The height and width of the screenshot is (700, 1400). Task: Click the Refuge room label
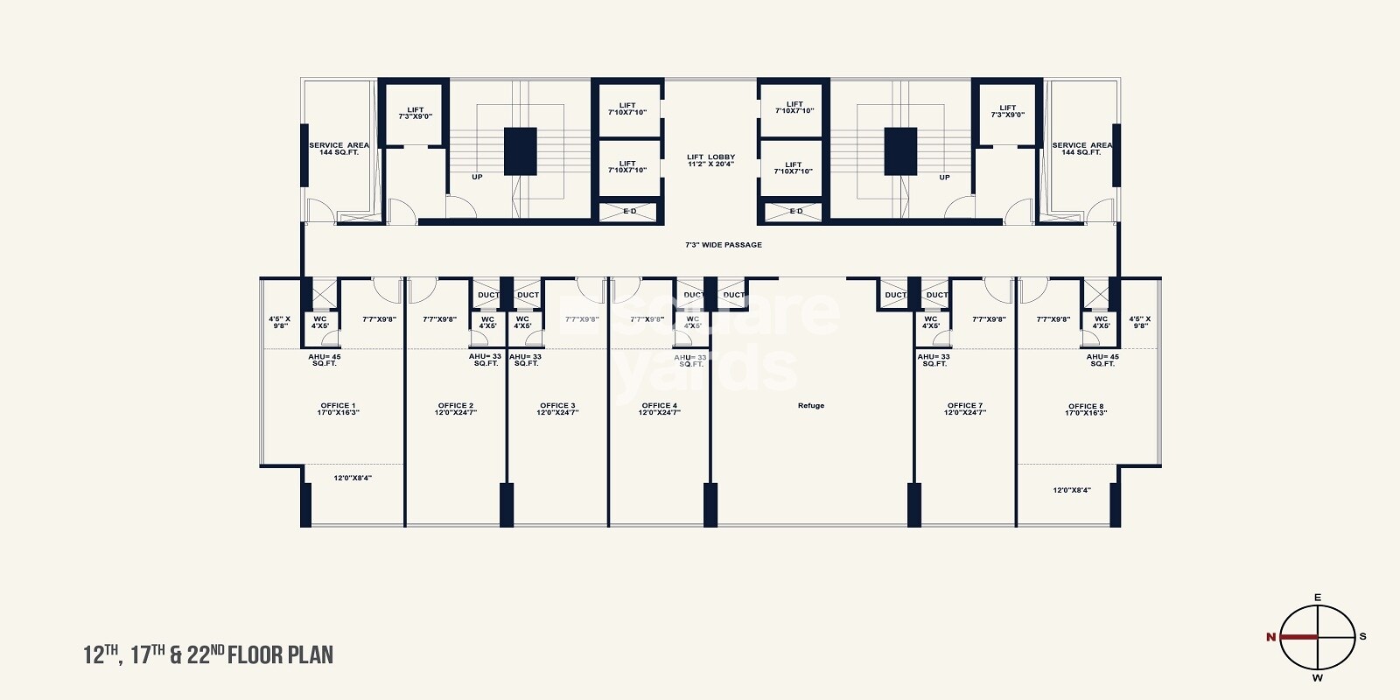tap(811, 406)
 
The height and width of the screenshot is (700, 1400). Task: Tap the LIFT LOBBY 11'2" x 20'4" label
tap(710, 160)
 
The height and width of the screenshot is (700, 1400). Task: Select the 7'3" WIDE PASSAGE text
tap(723, 245)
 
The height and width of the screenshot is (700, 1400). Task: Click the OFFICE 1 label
tap(338, 409)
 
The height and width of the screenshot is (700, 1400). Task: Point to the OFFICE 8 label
tap(1085, 409)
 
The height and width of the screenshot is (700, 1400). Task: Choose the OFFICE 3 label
tap(557, 409)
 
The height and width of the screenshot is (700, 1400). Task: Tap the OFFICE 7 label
tap(964, 409)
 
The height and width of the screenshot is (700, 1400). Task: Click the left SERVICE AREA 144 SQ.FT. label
tap(339, 149)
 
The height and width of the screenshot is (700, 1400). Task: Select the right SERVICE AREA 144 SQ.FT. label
tap(1081, 149)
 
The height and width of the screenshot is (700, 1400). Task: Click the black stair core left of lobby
tap(520, 151)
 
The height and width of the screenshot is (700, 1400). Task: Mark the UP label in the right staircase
tap(944, 178)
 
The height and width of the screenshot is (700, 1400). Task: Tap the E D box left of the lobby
tap(629, 212)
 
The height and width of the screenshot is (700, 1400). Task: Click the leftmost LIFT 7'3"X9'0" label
tap(415, 113)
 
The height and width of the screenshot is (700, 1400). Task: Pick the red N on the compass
tap(1270, 637)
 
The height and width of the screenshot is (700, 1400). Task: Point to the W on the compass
tap(1318, 678)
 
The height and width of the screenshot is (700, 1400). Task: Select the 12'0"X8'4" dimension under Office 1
tap(353, 478)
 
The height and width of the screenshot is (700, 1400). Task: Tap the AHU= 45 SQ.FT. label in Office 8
tap(1102, 360)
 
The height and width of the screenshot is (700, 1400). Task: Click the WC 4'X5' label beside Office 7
tap(931, 322)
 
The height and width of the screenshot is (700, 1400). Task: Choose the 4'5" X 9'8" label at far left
tap(280, 322)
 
